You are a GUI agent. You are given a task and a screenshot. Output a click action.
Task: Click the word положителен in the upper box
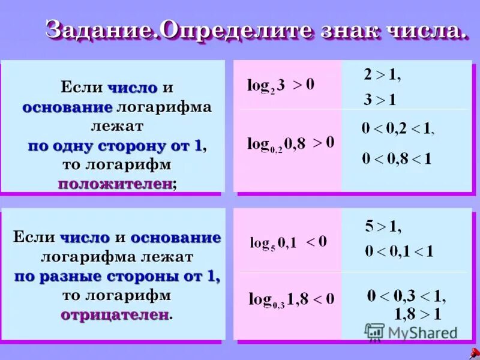pyautogui.click(x=115, y=184)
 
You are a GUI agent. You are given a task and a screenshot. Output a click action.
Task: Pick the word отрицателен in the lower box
pyautogui.click(x=114, y=314)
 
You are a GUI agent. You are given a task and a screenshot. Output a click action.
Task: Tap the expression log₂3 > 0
pyautogui.click(x=281, y=85)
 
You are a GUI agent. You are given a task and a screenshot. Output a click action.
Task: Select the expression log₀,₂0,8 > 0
pyautogui.click(x=291, y=143)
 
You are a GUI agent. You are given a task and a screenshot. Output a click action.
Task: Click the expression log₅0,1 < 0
pyautogui.click(x=288, y=242)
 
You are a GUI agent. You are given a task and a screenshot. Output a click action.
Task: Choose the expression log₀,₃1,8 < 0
pyautogui.click(x=292, y=299)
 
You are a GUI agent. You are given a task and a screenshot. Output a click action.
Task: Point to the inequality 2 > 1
pyautogui.click(x=382, y=76)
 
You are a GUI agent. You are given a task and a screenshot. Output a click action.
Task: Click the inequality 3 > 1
pyautogui.click(x=380, y=100)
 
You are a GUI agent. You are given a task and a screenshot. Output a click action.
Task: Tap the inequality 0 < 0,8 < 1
pyautogui.click(x=396, y=159)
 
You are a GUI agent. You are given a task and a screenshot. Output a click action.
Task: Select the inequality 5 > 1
pyautogui.click(x=383, y=227)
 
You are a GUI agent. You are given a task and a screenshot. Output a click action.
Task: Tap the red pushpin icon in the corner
pyautogui.click(x=474, y=353)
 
